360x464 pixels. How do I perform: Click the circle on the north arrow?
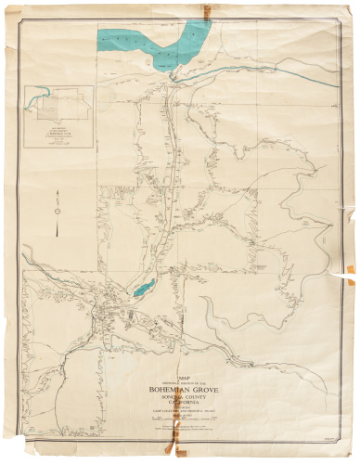tap(56, 211)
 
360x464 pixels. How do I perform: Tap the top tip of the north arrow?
tap(56, 191)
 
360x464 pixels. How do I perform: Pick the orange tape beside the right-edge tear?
tap(350, 270)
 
